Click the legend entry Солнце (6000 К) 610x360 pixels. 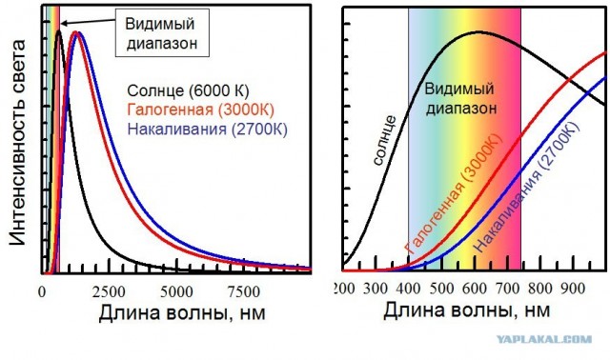click(x=188, y=90)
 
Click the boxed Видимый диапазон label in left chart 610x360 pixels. click(x=163, y=31)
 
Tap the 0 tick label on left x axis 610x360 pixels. click(x=42, y=291)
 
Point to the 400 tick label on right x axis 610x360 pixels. click(x=409, y=289)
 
